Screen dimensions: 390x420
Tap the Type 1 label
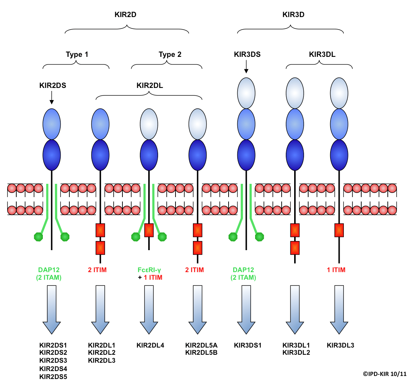point(77,54)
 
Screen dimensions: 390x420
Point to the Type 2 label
point(170,54)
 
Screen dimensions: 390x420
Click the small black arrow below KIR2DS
point(52,99)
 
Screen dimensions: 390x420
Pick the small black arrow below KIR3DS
point(246,67)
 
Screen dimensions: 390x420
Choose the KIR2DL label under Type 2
point(150,85)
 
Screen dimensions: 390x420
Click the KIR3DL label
point(322,54)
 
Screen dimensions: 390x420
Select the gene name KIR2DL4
point(150,345)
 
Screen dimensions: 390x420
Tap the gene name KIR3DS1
point(248,345)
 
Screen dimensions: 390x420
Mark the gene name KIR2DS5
point(53,376)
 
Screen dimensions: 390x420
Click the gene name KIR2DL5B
point(201,353)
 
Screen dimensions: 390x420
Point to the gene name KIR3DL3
point(340,345)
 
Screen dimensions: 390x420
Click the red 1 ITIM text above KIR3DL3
point(336,270)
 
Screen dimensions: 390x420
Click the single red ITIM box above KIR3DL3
point(339,230)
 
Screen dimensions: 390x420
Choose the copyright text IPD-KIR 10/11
point(384,374)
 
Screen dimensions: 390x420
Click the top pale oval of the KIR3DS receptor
point(246,91)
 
